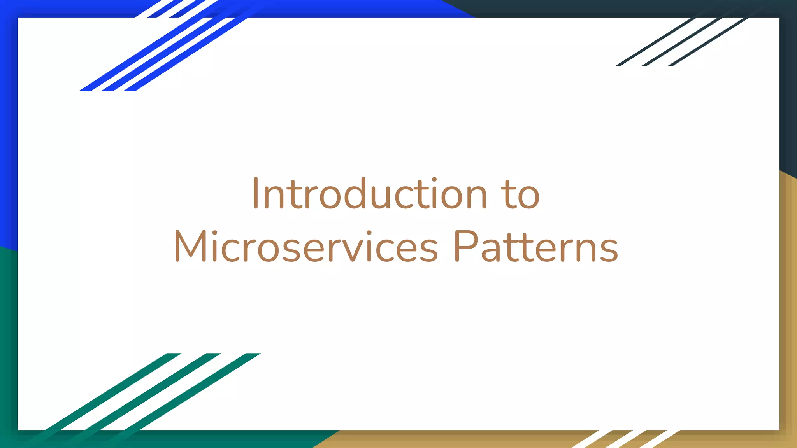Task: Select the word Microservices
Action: [306, 247]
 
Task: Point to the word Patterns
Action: [535, 247]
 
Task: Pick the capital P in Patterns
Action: [465, 246]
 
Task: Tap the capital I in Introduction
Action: [256, 193]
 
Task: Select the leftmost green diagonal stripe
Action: [105, 393]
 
